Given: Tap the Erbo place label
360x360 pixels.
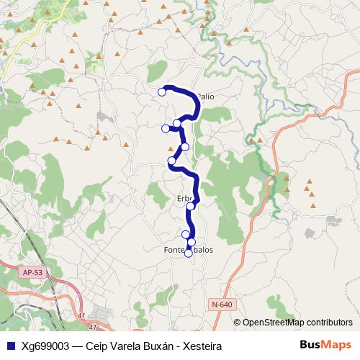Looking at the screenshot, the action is click(x=184, y=199).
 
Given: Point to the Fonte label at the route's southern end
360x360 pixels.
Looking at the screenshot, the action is click(x=175, y=250).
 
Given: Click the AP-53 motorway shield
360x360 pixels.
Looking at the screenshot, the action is click(x=32, y=273).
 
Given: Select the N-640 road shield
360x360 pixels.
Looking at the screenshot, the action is click(x=222, y=305).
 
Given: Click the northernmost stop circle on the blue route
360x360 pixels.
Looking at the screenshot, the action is click(x=162, y=91).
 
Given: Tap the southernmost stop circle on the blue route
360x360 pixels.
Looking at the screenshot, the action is click(x=189, y=253).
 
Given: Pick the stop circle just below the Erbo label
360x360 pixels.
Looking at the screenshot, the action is click(x=191, y=207).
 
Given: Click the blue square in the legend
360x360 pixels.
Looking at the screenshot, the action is click(x=9, y=346).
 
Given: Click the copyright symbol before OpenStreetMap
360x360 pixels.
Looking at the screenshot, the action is click(x=237, y=322).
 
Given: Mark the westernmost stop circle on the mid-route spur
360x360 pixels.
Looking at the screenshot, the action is click(x=166, y=128).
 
